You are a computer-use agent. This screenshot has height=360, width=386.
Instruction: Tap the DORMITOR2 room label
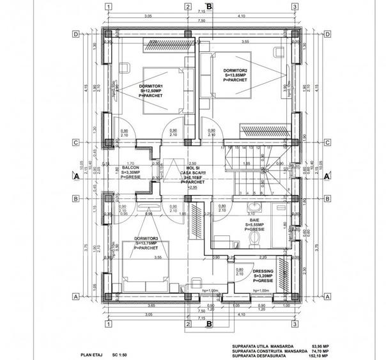pos(235,70)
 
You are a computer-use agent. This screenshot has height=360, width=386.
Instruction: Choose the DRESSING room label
pos(263,271)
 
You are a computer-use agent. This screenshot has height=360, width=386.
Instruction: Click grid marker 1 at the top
pos(109,7)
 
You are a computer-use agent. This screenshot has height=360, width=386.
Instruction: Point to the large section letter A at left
pos(75,175)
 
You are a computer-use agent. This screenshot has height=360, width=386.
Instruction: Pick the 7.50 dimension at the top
pos(201,20)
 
